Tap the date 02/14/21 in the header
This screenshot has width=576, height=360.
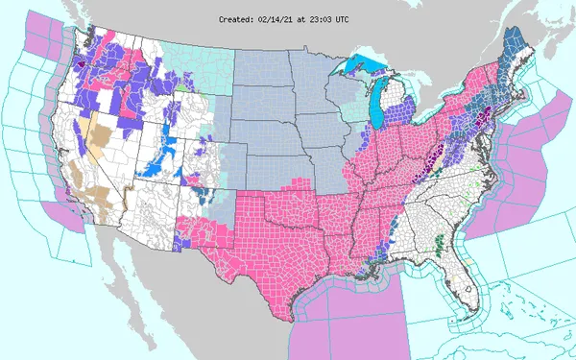pos(284,17)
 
